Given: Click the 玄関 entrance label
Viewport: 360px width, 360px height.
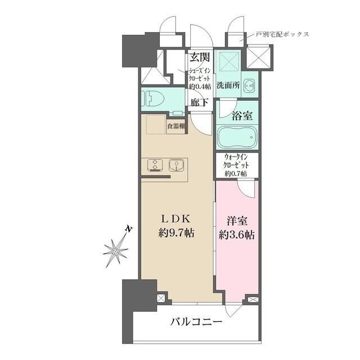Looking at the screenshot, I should click(x=200, y=57).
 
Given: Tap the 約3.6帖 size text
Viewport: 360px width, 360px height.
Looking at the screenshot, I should click(x=237, y=235).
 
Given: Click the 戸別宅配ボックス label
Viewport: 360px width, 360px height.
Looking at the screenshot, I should click(x=282, y=34).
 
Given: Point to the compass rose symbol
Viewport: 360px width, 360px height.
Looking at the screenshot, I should click(x=116, y=248).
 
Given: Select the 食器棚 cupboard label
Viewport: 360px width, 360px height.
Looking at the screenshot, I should click(x=175, y=125).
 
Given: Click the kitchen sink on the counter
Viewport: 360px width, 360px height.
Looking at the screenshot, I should click(x=177, y=165).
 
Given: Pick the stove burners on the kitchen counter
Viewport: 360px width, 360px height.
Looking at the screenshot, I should click(x=154, y=165).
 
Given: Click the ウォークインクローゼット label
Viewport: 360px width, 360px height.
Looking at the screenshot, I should click(x=237, y=166).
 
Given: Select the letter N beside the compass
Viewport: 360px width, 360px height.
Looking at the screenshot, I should click(x=128, y=228).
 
